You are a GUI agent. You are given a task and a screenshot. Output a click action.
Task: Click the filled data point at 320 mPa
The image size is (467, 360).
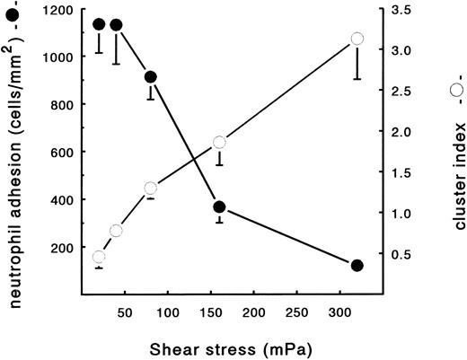357,266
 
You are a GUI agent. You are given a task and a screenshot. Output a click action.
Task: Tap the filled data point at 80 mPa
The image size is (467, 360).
151,77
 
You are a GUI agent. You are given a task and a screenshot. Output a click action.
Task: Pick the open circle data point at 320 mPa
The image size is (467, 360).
357,39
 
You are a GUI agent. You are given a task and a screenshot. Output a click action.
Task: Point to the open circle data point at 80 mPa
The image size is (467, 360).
151,189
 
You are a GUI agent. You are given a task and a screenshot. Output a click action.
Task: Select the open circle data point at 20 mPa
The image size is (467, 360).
99,258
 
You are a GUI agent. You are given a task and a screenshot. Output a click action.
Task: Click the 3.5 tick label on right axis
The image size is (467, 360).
399,10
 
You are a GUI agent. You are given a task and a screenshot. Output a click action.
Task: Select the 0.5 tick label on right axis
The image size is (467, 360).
399,255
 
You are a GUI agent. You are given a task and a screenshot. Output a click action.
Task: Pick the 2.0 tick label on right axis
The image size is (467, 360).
399,133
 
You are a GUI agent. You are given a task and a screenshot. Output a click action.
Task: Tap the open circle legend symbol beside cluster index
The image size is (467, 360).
456,90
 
